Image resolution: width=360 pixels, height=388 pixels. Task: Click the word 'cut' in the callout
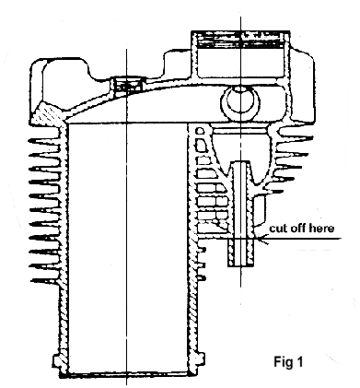pyautogui.click(x=278, y=229)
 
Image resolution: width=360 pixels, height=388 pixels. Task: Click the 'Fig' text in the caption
pyautogui.click(x=283, y=361)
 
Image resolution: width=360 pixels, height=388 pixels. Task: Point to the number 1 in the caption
pyautogui.click(x=299, y=361)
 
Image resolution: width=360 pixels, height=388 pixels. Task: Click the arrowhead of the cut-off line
pyautogui.click(x=263, y=239)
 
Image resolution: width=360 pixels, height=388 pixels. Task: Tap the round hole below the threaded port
pyautogui.click(x=240, y=102)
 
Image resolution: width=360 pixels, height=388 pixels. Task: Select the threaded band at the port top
pyautogui.click(x=240, y=40)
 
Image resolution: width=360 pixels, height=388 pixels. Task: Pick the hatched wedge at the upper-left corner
pyautogui.click(x=48, y=113)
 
